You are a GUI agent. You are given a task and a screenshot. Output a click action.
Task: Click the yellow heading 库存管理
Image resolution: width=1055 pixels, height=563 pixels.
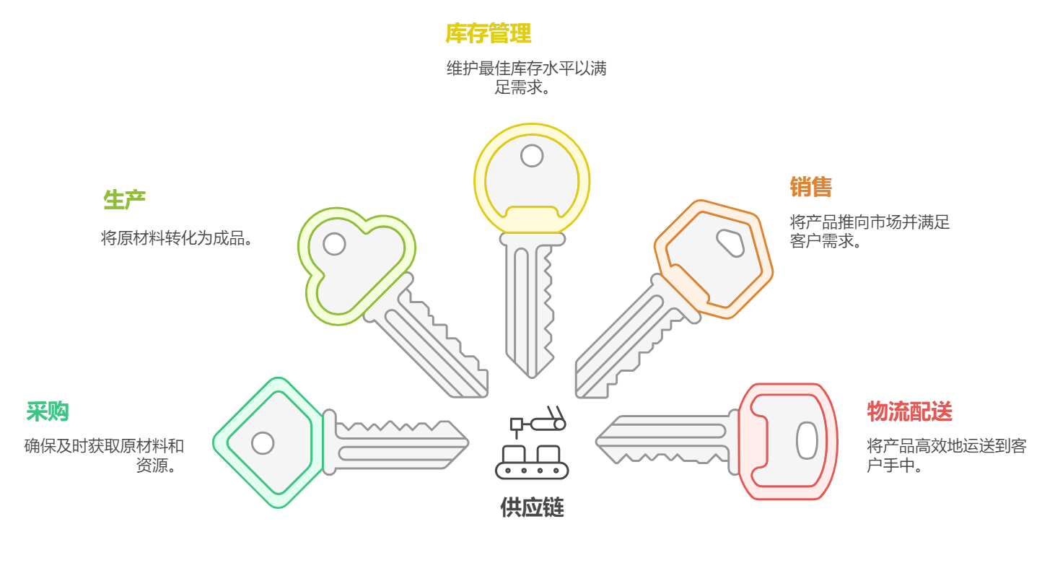[489, 33]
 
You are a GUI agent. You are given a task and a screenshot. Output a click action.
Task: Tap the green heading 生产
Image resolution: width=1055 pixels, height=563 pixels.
[124, 200]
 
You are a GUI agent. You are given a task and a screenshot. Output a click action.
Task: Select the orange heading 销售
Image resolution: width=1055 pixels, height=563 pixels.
[810, 187]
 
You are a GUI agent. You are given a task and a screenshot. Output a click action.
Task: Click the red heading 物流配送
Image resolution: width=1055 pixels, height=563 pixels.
[909, 411]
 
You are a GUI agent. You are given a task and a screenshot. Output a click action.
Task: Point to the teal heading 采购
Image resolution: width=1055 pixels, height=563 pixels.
[48, 411]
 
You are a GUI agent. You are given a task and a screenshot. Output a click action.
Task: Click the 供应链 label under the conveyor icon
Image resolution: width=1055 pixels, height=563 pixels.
[532, 507]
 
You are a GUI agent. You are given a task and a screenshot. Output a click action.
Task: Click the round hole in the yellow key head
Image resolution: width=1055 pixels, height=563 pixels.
[532, 155]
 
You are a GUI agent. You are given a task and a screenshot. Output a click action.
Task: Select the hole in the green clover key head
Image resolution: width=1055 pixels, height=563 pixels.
[334, 244]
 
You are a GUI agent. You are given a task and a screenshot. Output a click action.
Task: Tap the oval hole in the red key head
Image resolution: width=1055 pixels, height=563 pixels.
[807, 440]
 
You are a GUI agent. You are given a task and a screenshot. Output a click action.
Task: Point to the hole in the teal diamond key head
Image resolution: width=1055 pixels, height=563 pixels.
[263, 442]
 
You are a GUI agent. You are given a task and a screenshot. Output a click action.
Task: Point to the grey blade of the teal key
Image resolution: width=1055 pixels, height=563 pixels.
[397, 442]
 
